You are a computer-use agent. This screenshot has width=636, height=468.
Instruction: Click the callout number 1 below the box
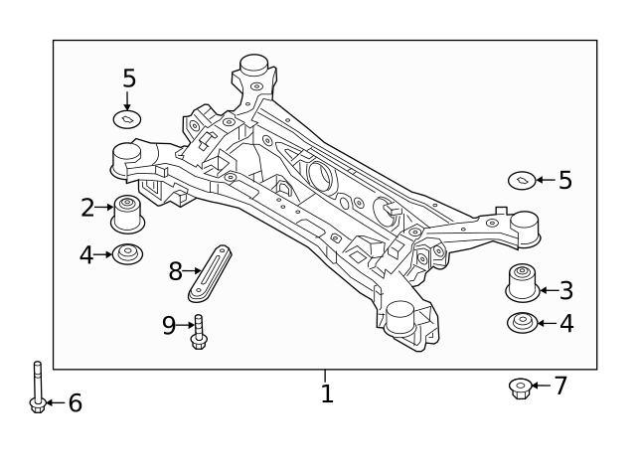click(327, 394)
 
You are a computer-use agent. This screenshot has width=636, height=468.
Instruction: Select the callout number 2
click(87, 208)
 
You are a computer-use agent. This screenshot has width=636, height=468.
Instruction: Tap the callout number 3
click(565, 291)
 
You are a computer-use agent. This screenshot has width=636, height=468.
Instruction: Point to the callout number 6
click(75, 403)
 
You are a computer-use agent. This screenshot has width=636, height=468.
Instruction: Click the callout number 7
click(560, 386)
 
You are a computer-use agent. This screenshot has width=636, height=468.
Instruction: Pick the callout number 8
click(175, 270)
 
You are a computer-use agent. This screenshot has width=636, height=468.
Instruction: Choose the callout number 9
click(168, 325)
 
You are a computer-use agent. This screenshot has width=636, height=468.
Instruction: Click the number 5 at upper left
click(129, 78)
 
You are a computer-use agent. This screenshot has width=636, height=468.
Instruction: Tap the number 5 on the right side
click(564, 181)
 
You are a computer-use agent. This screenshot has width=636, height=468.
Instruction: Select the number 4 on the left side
click(86, 255)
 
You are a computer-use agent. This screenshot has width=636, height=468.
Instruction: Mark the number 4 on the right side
click(565, 324)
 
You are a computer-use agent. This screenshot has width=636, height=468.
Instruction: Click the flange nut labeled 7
click(518, 387)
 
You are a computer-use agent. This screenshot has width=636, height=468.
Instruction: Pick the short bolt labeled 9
click(199, 332)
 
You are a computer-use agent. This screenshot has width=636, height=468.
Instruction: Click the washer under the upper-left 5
click(126, 120)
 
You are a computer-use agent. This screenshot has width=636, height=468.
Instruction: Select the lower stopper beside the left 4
click(127, 254)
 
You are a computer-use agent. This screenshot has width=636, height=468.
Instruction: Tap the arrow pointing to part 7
click(540, 386)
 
